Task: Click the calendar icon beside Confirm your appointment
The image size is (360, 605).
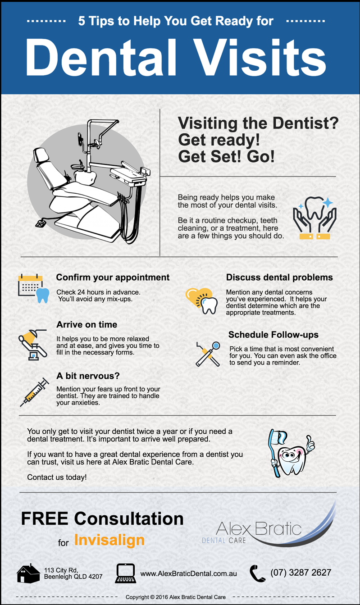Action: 33,288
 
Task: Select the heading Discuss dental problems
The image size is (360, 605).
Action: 279,277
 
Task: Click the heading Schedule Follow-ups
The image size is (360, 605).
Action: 273,335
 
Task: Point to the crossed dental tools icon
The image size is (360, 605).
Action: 208,354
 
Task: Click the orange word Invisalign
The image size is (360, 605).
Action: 109,540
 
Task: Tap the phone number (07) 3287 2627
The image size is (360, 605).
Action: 301,572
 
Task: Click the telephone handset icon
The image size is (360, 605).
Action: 257,573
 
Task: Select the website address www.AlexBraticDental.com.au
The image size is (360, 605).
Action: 188,573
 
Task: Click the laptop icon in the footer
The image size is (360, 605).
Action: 126,573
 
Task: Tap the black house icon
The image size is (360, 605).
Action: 28,573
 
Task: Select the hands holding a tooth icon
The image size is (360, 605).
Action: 314,218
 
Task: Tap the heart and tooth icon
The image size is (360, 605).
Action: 202,300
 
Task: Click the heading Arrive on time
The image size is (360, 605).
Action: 87,324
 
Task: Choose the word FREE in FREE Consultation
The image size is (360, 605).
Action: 45,519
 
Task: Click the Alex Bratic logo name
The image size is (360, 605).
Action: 259,528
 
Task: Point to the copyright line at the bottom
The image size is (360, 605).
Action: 176,597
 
